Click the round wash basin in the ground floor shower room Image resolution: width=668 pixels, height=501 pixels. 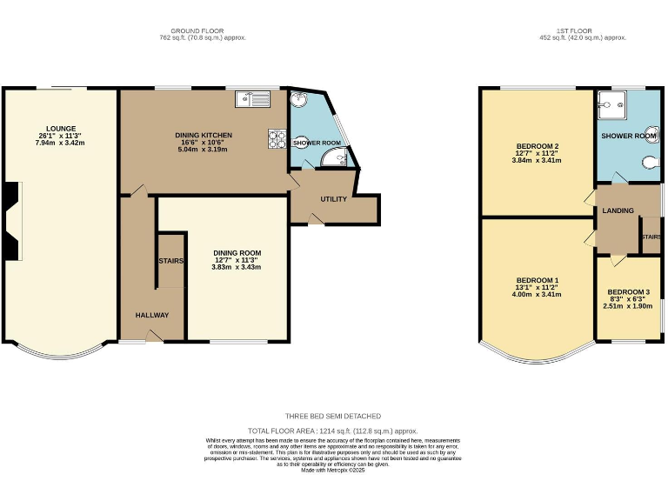tap(300, 99)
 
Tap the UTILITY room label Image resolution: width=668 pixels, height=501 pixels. tap(333, 199)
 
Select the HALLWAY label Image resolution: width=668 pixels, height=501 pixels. tap(151, 315)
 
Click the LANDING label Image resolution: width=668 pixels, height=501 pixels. tap(618, 210)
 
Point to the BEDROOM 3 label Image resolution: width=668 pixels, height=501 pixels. tap(628, 291)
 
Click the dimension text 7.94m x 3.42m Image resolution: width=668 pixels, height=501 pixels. tap(59, 142)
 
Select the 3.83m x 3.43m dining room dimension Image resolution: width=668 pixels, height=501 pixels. tap(236, 267)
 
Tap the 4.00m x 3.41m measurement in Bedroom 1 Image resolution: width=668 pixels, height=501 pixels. tap(536, 294)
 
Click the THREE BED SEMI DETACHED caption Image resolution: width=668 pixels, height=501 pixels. tap(333, 416)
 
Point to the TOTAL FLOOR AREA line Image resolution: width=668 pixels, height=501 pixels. tap(333, 431)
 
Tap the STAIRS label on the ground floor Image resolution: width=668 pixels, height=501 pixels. tap(170, 261)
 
